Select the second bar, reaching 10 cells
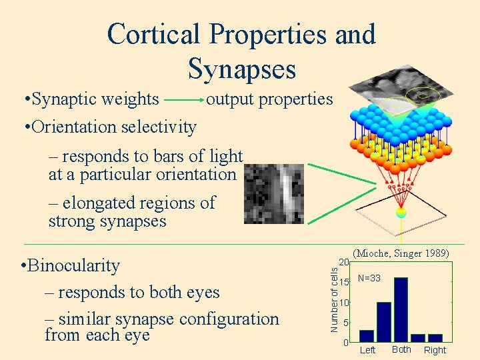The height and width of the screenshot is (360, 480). [384, 322]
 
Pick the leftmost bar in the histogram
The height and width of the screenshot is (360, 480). [367, 335]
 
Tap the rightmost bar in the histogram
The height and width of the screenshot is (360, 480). [435, 338]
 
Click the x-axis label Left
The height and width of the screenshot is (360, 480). [367, 350]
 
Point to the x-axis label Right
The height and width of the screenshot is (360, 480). [435, 350]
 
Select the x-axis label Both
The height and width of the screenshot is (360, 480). [401, 349]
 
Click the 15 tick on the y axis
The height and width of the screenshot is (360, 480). [343, 283]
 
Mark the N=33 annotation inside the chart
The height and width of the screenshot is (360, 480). [369, 278]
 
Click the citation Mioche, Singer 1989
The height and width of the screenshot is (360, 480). [401, 253]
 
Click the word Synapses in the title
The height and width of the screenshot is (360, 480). [241, 68]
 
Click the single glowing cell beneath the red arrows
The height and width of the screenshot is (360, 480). [401, 213]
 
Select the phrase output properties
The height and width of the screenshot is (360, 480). [269, 99]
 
